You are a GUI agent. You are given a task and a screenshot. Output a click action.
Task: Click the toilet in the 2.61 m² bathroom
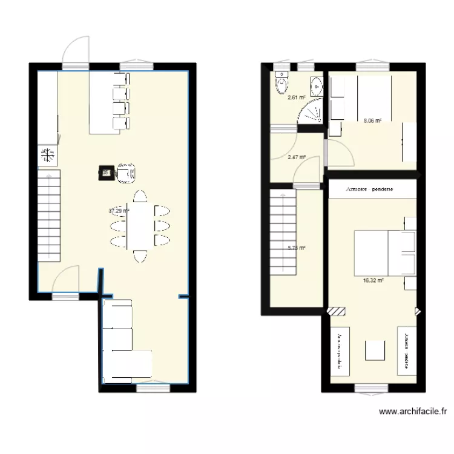281,85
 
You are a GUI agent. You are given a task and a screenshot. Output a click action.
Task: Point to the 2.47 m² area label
296,157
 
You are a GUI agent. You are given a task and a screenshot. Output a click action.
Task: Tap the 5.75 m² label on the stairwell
296,248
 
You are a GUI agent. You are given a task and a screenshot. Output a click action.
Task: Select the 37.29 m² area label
119,211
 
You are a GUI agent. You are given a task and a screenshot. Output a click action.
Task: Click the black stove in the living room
105,173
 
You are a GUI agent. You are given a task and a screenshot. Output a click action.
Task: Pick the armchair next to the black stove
126,172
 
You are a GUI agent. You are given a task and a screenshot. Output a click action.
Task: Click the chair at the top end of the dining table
139,196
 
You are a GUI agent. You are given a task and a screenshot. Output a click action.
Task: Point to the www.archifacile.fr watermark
413,412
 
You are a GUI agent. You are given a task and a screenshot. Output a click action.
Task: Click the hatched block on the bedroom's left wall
335,311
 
